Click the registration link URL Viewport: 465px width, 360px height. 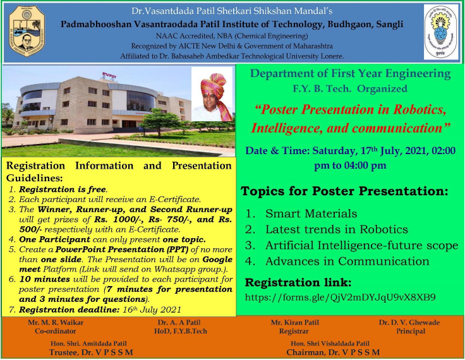[341, 296]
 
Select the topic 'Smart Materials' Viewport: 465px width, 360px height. [311, 213]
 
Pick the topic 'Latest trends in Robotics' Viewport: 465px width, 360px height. [336, 229]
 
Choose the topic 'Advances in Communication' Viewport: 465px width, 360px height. [347, 261]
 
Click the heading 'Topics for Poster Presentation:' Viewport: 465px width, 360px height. [345, 191]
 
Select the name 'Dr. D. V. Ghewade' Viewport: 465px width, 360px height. [409, 323]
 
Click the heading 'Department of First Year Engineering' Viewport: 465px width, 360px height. [351, 74]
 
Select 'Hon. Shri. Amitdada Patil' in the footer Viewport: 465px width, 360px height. [92, 343]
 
